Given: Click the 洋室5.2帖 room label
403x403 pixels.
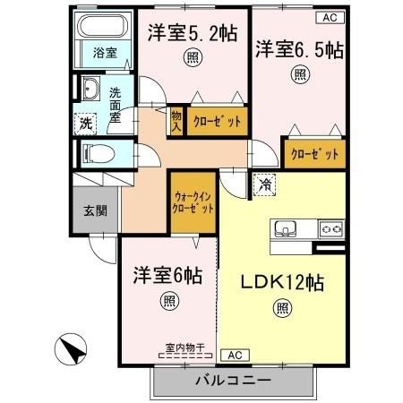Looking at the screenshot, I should [193, 35].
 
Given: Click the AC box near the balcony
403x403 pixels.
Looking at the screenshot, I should [229, 354].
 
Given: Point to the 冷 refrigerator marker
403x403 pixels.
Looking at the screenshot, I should [265, 184].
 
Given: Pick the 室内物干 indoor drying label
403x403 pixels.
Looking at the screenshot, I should [184, 347].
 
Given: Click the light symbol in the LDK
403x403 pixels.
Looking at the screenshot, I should [283, 311].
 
